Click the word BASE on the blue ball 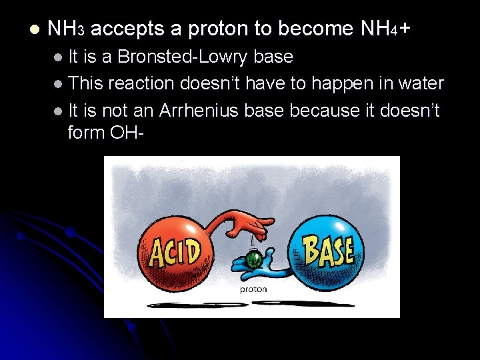[329, 251]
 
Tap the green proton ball [253, 260]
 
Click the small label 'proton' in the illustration [253, 289]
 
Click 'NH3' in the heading [66, 29]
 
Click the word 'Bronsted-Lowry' [183, 57]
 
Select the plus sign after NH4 [404, 29]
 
